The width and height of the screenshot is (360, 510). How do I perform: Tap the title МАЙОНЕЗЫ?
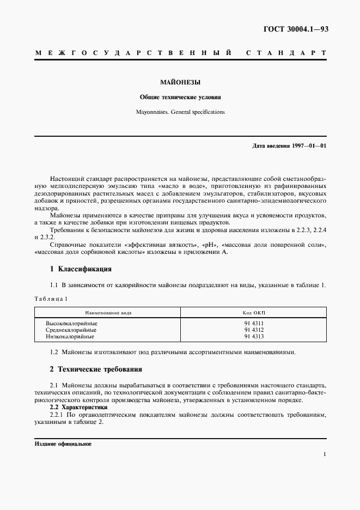[180, 83]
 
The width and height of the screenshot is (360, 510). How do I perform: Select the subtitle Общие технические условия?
[180, 98]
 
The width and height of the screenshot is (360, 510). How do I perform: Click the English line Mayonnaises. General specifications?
[180, 112]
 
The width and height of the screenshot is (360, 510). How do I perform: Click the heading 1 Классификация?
[81, 269]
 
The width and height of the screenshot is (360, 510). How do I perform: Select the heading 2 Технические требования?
[96, 369]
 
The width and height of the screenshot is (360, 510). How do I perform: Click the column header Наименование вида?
[108, 313]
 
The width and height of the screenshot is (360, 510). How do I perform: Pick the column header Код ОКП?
[254, 313]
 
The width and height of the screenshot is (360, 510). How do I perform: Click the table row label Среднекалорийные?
[72, 330]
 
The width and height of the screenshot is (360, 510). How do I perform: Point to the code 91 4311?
[254, 323]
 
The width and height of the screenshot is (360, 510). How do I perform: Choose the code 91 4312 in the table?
[254, 330]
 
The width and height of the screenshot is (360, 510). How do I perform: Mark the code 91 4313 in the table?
[254, 336]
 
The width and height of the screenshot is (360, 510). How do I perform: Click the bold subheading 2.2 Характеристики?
[78, 407]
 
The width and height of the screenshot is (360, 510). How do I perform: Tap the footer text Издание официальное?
[62, 444]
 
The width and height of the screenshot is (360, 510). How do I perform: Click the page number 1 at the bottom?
[325, 453]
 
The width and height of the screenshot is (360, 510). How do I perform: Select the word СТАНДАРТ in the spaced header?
[286, 53]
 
